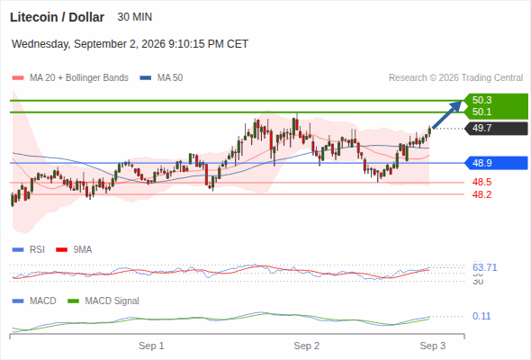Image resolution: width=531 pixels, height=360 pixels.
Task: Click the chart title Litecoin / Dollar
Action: click(57, 17)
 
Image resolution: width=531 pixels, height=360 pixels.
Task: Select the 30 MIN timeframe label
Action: click(134, 17)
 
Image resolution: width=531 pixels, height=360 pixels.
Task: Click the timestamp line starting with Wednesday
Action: click(130, 44)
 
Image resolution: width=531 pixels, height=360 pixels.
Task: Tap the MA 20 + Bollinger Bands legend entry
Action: click(70, 78)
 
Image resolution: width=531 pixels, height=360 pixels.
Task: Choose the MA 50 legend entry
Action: click(161, 78)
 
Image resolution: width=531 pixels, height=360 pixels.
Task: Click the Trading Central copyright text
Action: click(455, 78)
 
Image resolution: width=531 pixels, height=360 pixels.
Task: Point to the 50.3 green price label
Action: click(481, 100)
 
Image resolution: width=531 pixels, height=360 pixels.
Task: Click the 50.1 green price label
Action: click(481, 112)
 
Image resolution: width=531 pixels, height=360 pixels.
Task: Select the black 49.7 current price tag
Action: click(496, 129)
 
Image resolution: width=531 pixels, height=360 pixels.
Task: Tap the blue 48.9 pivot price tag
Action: click(496, 163)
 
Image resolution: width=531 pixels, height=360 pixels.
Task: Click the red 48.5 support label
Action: click(481, 182)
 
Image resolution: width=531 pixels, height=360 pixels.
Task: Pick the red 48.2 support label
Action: click(481, 194)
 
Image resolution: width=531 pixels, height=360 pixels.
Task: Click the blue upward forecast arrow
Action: click(447, 114)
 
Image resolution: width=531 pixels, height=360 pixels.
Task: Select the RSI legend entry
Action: click(29, 249)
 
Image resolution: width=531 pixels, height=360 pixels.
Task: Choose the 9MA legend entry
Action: click(74, 249)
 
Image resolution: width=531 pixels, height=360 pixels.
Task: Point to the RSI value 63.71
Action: click(484, 267)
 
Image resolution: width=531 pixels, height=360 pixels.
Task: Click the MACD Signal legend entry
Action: click(103, 301)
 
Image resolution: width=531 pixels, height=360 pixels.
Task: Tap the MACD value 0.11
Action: click(481, 316)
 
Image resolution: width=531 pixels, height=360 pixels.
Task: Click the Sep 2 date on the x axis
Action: click(307, 346)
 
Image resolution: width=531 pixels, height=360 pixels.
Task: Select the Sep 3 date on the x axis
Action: click(433, 346)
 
